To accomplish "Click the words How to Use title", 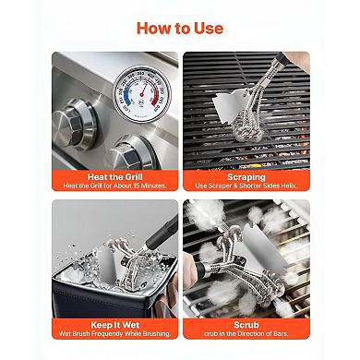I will [179, 27].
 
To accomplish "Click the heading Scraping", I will [246, 176].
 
